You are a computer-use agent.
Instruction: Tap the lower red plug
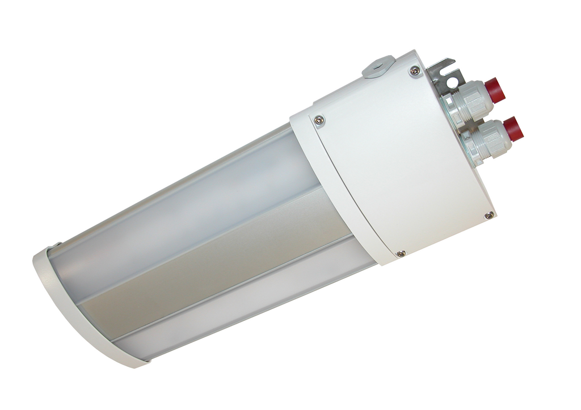pos(513,129)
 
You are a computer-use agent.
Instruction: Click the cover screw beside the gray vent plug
pos(415,71)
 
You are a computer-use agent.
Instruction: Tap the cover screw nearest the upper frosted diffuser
pos(319,119)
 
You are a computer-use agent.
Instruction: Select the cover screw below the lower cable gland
pos(489,215)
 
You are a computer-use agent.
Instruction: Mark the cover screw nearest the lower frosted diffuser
pos(401,253)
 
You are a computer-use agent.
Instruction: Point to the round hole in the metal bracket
pos(452,83)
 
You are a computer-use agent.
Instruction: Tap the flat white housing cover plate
pos(397,159)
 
